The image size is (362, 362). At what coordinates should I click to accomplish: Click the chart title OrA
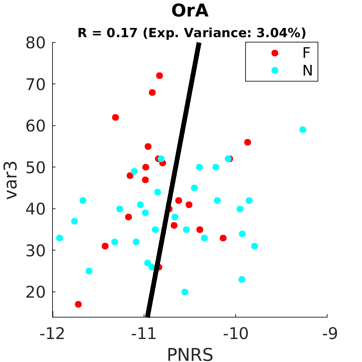[190, 11]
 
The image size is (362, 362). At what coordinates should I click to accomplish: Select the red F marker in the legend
[275, 53]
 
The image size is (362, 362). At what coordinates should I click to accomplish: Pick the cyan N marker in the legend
[275, 70]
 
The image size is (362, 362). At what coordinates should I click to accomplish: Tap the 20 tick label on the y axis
[35, 292]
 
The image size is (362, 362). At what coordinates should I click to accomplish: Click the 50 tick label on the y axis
[35, 167]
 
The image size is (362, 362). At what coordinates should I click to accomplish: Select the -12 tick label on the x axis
[52, 334]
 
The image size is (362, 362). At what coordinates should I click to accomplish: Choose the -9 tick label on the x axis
[330, 334]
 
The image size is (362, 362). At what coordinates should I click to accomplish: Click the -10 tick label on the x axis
[236, 334]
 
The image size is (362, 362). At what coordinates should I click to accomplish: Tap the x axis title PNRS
[190, 355]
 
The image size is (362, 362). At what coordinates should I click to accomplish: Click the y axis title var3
[11, 180]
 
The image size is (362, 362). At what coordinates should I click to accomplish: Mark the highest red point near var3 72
[159, 75]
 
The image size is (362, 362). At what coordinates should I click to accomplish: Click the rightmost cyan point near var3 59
[303, 130]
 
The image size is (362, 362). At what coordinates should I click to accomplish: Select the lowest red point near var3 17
[78, 304]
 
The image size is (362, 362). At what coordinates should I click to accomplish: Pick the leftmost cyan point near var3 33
[59, 238]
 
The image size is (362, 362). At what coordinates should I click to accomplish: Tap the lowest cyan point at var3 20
[185, 292]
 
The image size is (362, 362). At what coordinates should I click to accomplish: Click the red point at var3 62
[115, 118]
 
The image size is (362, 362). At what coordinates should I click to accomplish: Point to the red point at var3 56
[247, 142]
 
